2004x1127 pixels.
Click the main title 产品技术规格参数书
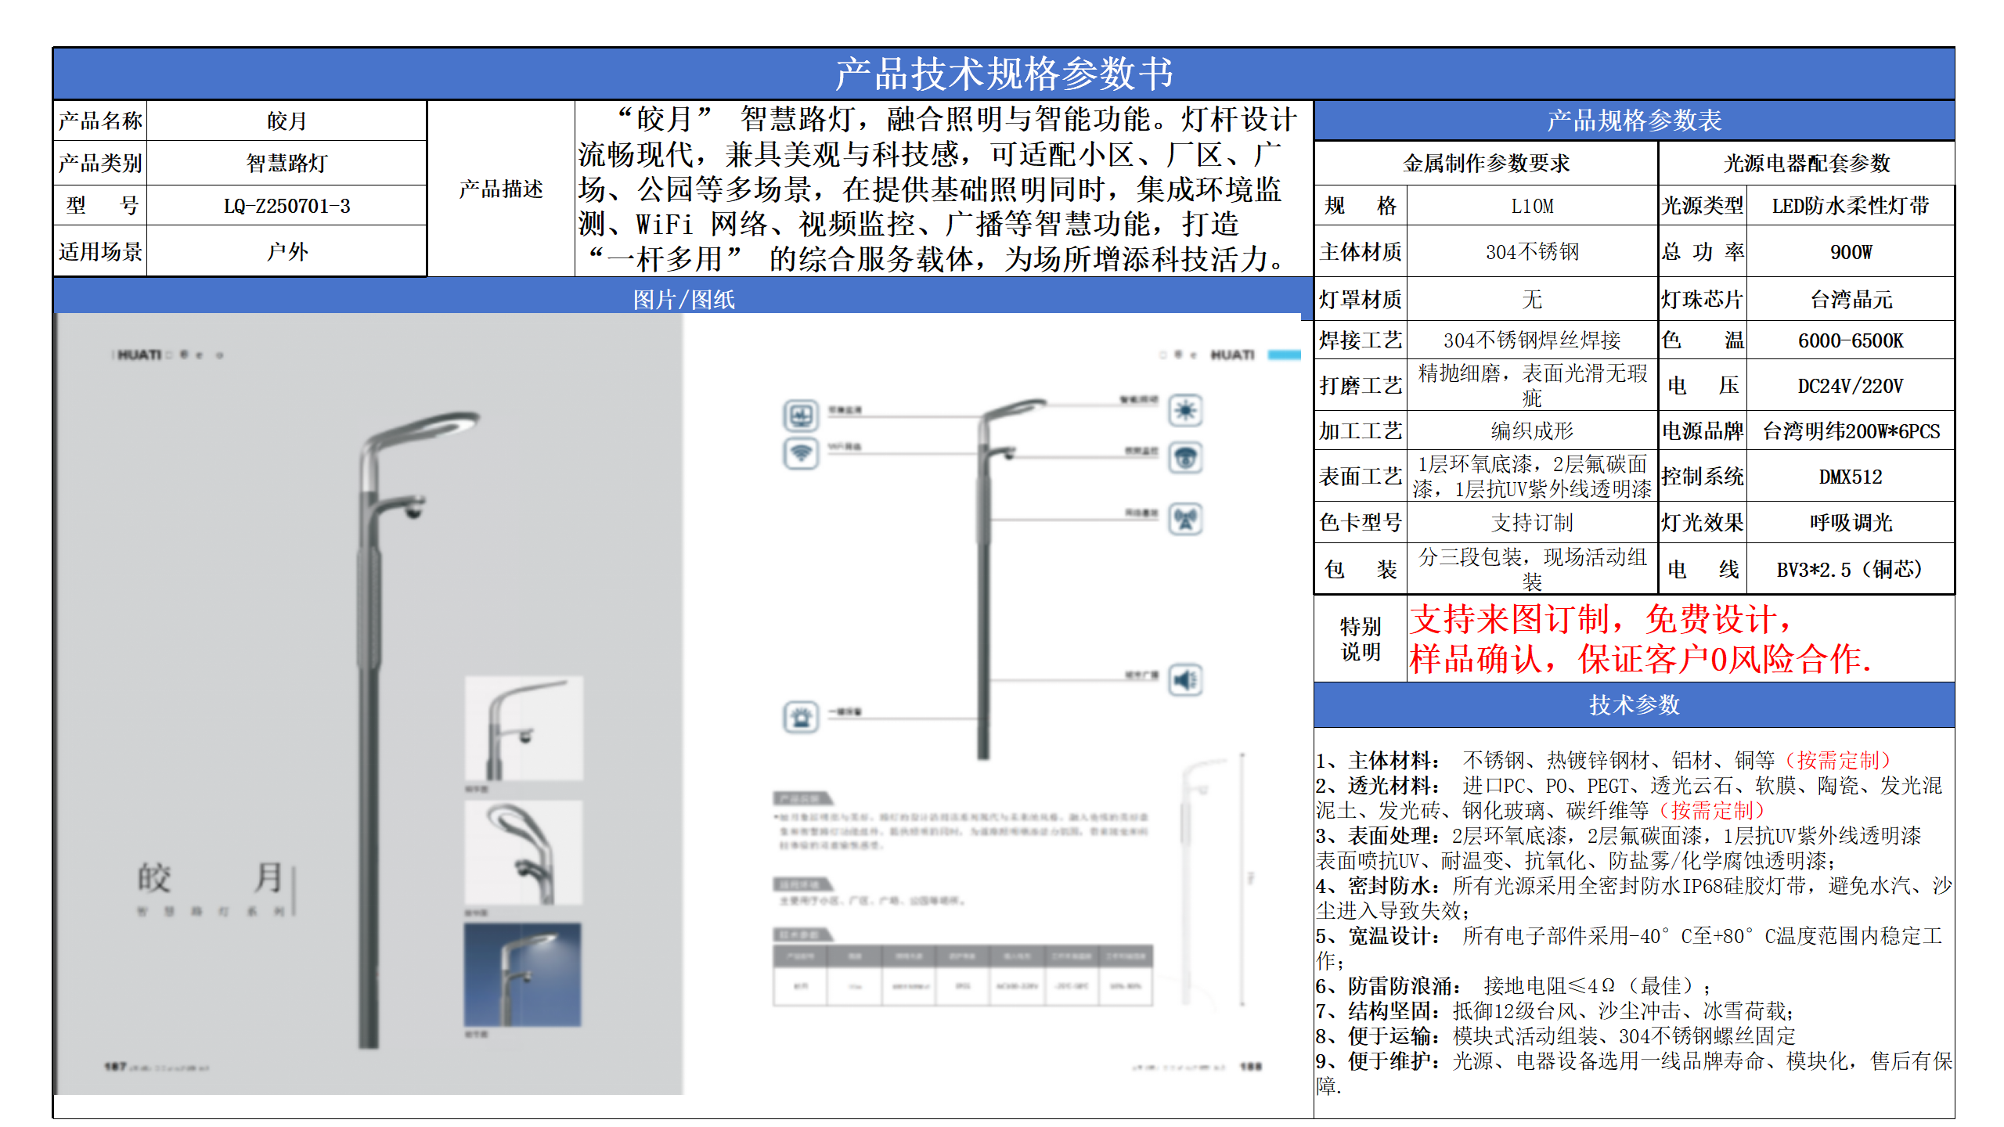[x=1004, y=74]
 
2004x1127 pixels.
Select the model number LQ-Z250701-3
[x=287, y=206]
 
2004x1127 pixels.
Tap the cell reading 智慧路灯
[x=287, y=163]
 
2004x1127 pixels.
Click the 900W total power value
[x=1851, y=252]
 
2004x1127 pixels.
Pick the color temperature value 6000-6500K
[x=1851, y=340]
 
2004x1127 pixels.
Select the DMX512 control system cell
[x=1851, y=477]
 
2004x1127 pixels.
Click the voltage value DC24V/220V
[x=1851, y=386]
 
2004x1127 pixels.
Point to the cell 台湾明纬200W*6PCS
[x=1851, y=431]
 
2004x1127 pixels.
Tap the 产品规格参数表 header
[x=1634, y=121]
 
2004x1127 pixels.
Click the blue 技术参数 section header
[x=1634, y=705]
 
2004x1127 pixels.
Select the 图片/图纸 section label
[x=683, y=300]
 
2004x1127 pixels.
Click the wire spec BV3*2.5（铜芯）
[x=1851, y=570]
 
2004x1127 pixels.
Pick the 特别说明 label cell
[x=1360, y=639]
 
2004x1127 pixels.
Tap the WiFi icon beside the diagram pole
[x=801, y=453]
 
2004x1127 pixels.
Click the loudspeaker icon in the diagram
[x=1186, y=679]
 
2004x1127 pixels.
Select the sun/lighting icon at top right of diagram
[x=1186, y=410]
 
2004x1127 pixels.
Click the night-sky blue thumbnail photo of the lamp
[x=522, y=974]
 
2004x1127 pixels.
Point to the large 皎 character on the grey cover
[x=154, y=878]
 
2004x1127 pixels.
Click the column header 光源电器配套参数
[x=1806, y=163]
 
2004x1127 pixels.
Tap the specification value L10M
[x=1531, y=206]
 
